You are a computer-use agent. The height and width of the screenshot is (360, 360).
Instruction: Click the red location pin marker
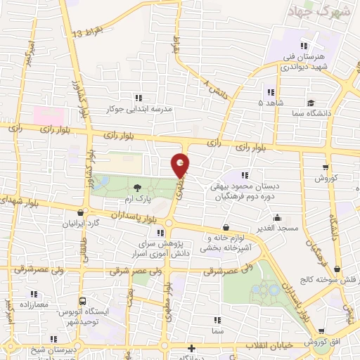[x=181, y=165]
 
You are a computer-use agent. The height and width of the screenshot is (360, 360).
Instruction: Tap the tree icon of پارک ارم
[x=136, y=187]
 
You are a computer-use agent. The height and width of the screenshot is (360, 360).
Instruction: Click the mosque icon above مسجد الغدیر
[x=276, y=217]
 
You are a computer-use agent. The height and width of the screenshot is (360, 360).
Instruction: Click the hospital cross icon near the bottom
[x=191, y=348]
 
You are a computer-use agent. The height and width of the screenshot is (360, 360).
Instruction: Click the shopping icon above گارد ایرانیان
[x=82, y=213]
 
